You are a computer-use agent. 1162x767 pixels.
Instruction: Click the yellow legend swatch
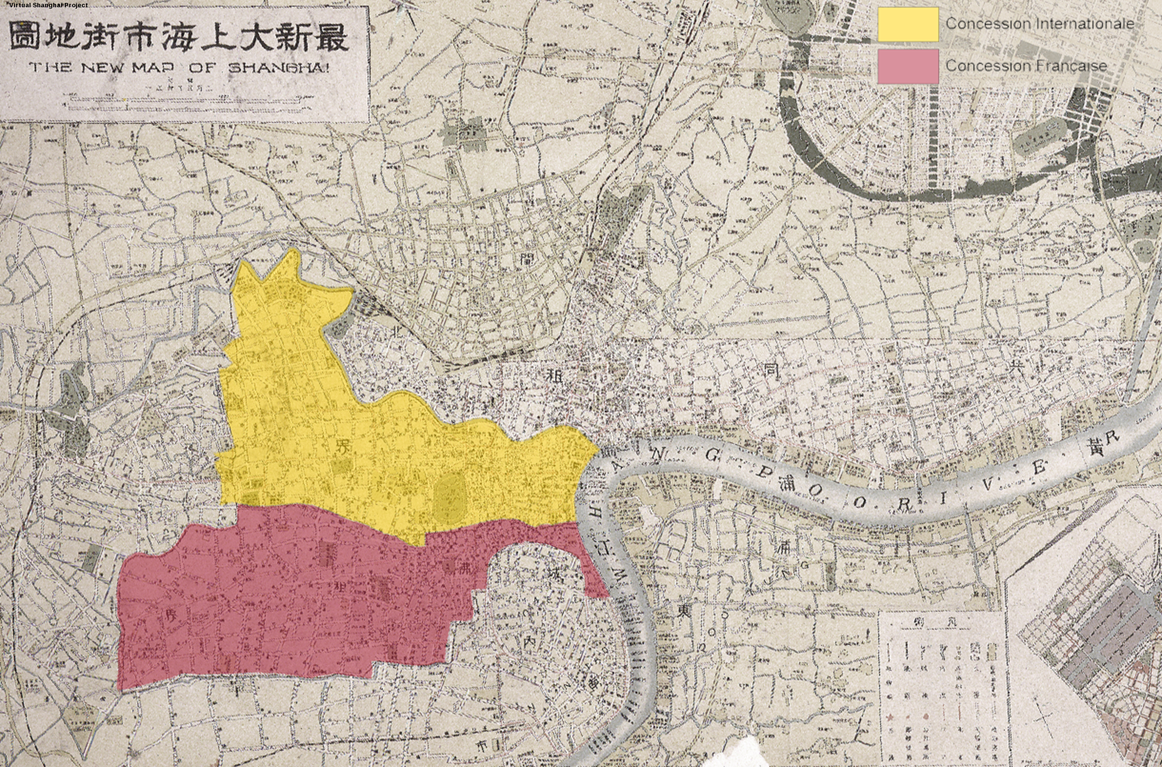(908, 24)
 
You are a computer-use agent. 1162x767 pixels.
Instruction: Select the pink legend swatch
(908, 66)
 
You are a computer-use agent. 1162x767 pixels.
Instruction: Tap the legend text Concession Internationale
(1040, 23)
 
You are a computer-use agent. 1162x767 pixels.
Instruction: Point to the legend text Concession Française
(1026, 65)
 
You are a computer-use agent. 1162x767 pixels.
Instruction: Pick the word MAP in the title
(158, 67)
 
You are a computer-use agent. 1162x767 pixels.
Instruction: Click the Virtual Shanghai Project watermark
(48, 5)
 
